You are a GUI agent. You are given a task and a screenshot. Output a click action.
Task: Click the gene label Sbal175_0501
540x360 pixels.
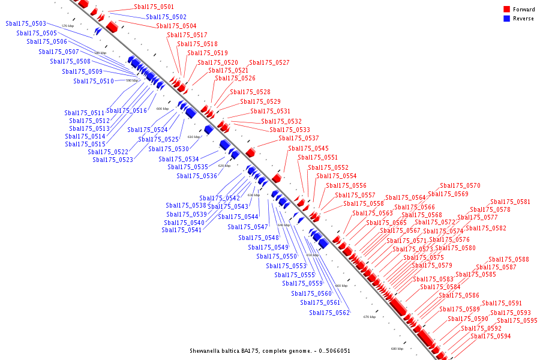point(154,7)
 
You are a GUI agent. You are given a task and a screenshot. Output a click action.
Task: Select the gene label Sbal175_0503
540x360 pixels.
point(26,24)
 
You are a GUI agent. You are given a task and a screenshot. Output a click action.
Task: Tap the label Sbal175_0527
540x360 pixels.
point(269,63)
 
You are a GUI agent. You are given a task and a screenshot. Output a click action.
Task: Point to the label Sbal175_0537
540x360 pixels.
point(299,139)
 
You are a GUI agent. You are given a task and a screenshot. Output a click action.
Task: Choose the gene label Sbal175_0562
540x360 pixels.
point(329,313)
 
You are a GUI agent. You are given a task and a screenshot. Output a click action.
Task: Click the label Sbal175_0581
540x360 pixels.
point(511,202)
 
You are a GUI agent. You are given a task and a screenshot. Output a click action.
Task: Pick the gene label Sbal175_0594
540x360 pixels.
point(491,337)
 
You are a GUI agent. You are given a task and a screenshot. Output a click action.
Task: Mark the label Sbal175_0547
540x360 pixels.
point(248,227)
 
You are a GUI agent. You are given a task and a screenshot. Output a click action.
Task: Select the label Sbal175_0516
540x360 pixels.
point(127,111)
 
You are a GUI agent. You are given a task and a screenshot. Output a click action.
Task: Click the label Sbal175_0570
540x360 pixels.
point(460,186)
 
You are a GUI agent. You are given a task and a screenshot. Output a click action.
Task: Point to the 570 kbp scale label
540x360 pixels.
point(68,26)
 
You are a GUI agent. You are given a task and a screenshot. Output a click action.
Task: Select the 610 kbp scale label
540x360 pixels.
point(194,137)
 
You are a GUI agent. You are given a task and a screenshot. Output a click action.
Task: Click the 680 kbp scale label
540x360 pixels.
point(397,349)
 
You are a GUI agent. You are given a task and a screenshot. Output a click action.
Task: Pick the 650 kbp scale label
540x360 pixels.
point(313,255)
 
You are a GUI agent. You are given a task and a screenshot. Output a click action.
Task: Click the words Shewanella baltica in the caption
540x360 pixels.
point(215,351)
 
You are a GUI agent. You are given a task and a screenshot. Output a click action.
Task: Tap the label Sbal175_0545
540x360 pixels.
point(308,149)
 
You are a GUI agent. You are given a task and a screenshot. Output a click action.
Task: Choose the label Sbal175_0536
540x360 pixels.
point(197,176)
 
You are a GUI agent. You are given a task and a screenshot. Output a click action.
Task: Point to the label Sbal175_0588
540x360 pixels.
point(509,260)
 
